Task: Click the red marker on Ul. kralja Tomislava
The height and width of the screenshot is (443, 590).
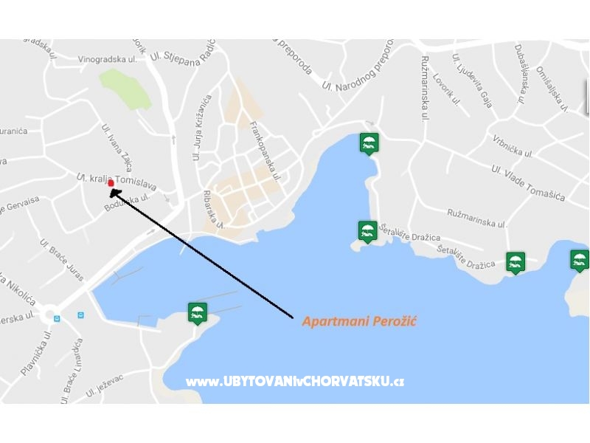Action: [111, 182]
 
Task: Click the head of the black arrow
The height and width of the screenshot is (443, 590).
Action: [113, 191]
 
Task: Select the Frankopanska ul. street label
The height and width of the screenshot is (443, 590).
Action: [266, 152]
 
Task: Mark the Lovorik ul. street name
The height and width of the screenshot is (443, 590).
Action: [447, 89]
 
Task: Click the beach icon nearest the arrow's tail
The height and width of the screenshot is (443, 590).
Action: [196, 313]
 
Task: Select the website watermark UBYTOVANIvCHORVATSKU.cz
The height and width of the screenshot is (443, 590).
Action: [295, 382]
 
